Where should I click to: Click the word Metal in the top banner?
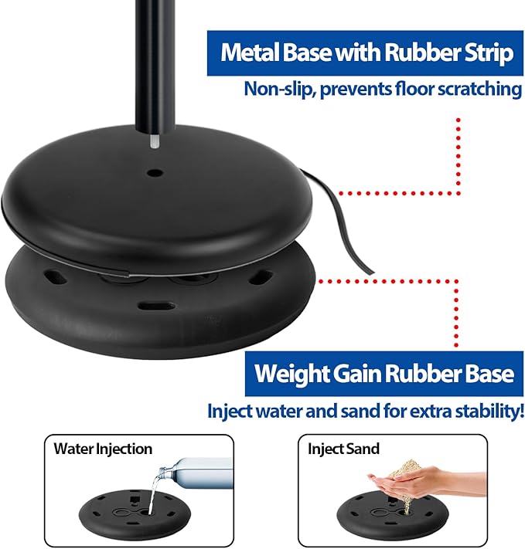point(251,53)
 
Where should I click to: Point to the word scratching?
point(480,90)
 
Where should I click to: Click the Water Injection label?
point(103,449)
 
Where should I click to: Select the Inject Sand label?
point(344,449)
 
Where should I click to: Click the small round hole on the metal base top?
point(154,173)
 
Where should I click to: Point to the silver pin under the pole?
point(155,141)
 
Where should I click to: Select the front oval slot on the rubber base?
point(156,307)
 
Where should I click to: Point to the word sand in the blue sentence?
point(356,411)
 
